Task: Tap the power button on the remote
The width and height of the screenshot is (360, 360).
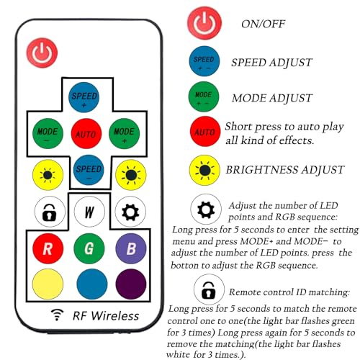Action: [42, 53]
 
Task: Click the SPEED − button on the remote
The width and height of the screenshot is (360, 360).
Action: [89, 170]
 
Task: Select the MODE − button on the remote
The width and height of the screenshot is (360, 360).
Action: [48, 133]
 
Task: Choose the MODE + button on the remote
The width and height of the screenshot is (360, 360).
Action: [124, 133]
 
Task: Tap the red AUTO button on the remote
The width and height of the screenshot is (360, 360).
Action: [86, 133]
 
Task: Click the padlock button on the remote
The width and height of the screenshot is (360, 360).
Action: [50, 212]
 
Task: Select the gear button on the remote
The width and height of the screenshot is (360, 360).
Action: [130, 212]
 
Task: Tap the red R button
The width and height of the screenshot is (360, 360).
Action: [48, 248]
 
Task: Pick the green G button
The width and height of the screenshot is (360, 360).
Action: [89, 248]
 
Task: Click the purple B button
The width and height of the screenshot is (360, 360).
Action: [131, 248]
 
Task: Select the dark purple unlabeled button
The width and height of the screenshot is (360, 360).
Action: [131, 284]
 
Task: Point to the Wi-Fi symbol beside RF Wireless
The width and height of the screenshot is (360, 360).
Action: [57, 315]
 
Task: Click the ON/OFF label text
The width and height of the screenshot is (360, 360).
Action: [263, 24]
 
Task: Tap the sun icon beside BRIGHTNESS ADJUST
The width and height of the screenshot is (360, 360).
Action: [204, 170]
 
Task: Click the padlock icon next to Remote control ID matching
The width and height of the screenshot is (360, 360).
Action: [209, 289]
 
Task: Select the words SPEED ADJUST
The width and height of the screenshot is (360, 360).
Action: [271, 63]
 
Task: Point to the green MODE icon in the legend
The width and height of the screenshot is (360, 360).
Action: [204, 96]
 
